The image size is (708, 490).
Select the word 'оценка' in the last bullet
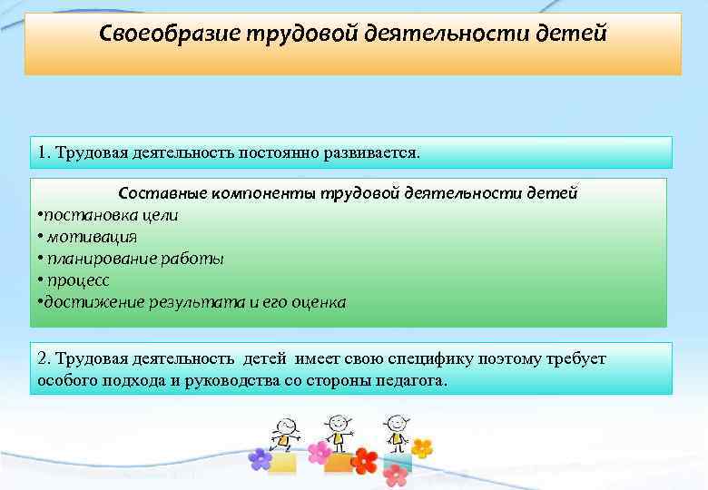(319, 302)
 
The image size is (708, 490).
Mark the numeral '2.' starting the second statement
(45, 358)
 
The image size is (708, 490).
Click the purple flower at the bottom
(261, 459)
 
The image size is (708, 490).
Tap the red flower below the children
(365, 460)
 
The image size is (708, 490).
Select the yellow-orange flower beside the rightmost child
(421, 448)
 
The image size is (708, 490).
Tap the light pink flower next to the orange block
(320, 452)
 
